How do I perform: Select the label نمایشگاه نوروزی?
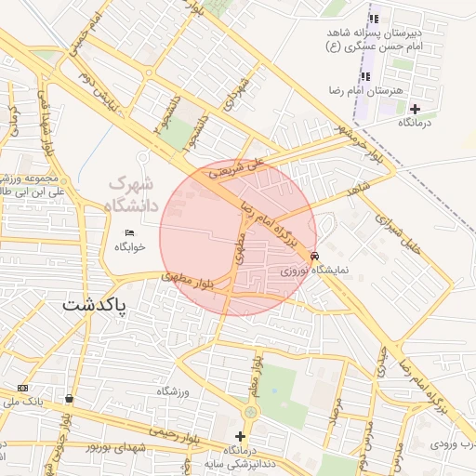tap(316, 271)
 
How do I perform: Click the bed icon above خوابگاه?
tap(128, 232)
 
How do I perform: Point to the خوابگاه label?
tap(130, 247)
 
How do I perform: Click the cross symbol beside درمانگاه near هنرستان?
tap(415, 109)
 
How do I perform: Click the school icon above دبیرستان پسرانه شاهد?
tap(374, 19)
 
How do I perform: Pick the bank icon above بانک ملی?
tap(22, 388)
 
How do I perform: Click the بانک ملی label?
tap(22, 402)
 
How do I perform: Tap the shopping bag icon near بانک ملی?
tap(69, 399)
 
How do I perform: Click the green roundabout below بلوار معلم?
tap(250, 412)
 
